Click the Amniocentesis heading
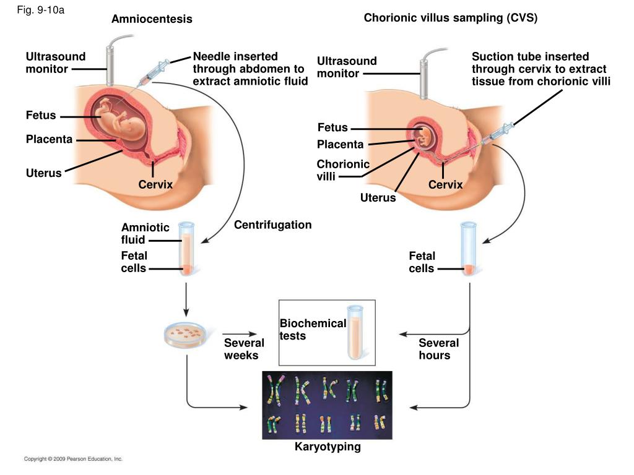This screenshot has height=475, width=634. (x=152, y=19)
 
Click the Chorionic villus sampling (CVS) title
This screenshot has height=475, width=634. (x=451, y=18)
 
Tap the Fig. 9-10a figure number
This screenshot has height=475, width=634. (x=40, y=10)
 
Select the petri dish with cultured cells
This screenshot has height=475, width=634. (x=186, y=335)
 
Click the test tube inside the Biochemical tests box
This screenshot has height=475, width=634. (x=355, y=332)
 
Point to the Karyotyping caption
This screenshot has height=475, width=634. (x=328, y=447)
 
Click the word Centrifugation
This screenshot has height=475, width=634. (x=273, y=225)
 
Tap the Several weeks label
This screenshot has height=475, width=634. (x=244, y=349)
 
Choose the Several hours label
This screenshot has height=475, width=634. (x=439, y=349)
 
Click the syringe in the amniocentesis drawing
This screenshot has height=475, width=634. (x=154, y=73)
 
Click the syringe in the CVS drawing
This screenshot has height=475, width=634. (x=497, y=134)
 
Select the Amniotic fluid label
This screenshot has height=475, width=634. (x=145, y=233)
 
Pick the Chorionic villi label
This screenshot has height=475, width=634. (x=343, y=170)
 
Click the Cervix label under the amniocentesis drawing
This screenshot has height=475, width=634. (x=155, y=184)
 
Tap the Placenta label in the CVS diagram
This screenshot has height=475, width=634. (x=340, y=144)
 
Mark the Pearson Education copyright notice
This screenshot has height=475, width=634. (x=73, y=459)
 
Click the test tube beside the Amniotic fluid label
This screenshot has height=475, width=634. (x=186, y=249)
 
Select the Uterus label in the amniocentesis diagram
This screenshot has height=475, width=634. (x=44, y=173)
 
